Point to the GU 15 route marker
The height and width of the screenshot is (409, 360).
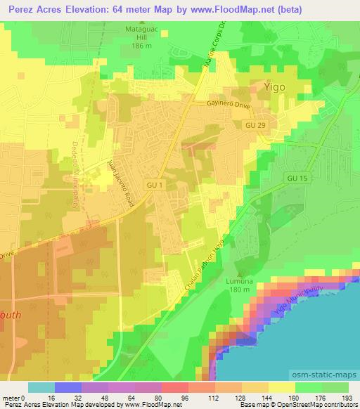pos(298,178)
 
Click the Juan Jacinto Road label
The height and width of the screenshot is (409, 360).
pos(117,181)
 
